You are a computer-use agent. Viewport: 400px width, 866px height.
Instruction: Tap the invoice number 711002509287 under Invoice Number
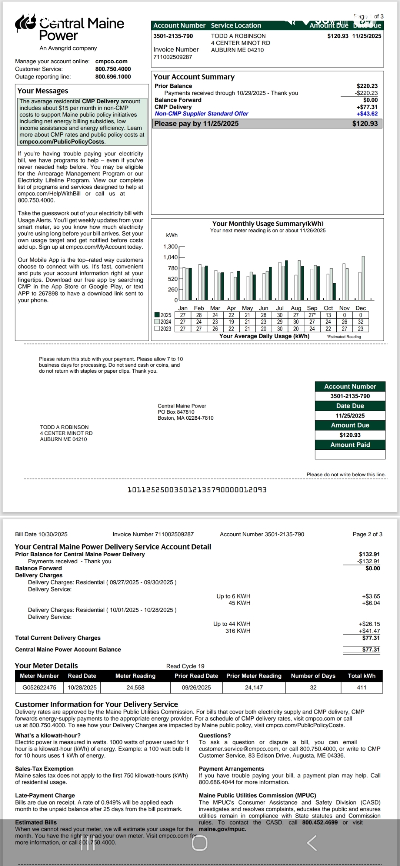[x=173, y=57]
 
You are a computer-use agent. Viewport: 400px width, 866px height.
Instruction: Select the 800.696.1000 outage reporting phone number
[x=113, y=77]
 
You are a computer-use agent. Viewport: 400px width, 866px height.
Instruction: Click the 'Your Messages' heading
[x=43, y=91]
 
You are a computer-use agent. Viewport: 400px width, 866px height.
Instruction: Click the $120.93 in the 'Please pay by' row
[x=365, y=124]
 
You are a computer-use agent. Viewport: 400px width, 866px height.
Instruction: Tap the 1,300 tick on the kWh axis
[x=170, y=246]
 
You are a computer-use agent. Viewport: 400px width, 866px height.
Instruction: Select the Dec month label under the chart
[x=360, y=308]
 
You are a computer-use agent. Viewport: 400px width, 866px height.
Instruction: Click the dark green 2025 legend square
[x=157, y=315]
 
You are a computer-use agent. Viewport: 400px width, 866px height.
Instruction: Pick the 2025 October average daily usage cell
[x=328, y=315]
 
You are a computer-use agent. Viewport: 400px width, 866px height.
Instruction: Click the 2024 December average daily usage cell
[x=360, y=322]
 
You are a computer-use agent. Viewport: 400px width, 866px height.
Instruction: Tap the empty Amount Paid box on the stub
[x=350, y=454]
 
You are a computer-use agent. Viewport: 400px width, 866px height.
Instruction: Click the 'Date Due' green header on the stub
[x=350, y=406]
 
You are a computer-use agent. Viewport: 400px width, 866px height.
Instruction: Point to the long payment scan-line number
[x=197, y=490]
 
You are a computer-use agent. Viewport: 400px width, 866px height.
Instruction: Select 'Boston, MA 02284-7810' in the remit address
[x=186, y=418]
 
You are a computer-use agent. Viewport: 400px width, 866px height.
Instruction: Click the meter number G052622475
[x=39, y=687]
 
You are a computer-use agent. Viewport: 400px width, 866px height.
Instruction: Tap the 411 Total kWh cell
[x=361, y=687]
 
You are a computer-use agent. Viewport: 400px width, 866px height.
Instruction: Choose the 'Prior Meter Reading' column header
[x=254, y=676]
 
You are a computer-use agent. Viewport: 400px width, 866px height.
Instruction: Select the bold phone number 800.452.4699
[x=320, y=822]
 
